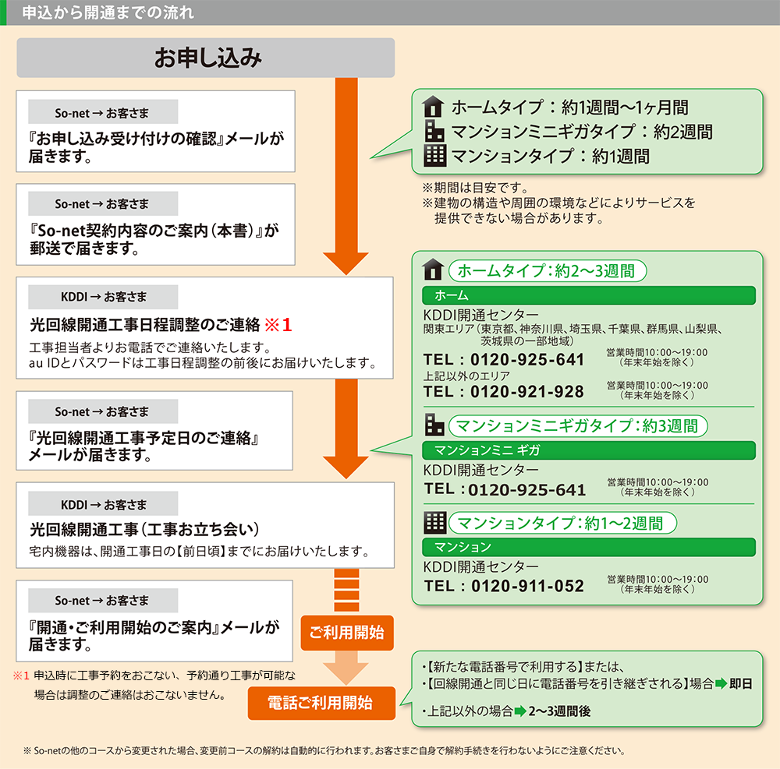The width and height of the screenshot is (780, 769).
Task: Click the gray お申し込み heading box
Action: pos(207,58)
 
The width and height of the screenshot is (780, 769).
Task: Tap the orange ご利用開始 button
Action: pos(347,632)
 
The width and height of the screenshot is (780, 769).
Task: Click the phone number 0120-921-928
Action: pos(526,391)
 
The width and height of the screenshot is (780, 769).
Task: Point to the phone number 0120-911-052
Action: pos(526,586)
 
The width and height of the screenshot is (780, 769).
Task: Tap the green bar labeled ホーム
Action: pos(589,295)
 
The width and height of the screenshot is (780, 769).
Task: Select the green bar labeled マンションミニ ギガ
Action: pos(589,450)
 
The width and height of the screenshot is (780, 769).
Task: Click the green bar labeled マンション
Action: pos(589,547)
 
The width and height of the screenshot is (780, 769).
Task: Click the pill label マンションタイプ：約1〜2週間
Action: pos(560,523)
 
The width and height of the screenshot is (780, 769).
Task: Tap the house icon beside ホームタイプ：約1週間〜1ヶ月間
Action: pos(432,108)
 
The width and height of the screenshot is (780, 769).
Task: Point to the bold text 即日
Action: pos(741,684)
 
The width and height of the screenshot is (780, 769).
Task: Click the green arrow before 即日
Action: pos(721,684)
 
